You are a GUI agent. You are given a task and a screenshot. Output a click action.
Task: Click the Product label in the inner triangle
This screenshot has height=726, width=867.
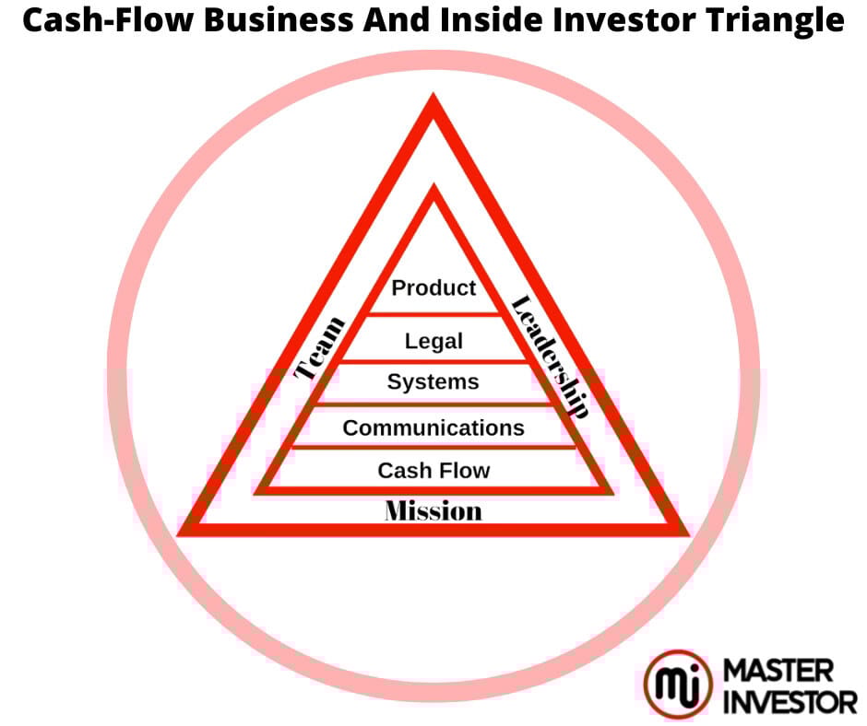(433, 288)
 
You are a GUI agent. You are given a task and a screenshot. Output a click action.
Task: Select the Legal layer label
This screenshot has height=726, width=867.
(433, 342)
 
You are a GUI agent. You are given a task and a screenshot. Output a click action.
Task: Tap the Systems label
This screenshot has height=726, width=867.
(433, 381)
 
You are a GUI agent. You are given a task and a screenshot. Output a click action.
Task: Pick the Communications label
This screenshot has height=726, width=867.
(433, 427)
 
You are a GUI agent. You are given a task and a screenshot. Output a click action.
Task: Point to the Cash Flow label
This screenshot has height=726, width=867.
(433, 471)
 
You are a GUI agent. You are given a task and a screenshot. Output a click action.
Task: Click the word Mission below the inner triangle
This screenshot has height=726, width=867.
(433, 510)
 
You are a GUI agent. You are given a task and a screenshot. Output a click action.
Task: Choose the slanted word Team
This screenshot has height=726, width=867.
(320, 347)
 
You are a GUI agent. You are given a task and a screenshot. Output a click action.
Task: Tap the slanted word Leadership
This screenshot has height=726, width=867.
(550, 357)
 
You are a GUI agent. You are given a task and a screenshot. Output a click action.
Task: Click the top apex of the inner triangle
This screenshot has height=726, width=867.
(433, 188)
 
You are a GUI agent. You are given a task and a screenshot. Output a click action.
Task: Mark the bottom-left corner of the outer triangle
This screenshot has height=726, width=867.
(183, 531)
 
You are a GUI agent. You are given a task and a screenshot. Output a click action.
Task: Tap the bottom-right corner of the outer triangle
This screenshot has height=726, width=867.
(684, 531)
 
